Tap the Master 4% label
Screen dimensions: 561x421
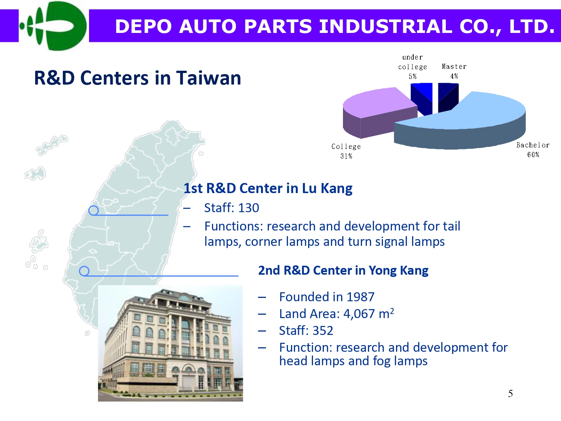click(454, 71)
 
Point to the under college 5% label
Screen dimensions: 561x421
click(413, 67)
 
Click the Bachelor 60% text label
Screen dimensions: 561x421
click(533, 150)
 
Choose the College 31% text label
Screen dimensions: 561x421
click(346, 151)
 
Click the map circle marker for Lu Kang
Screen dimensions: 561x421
click(93, 210)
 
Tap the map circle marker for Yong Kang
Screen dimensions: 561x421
click(84, 271)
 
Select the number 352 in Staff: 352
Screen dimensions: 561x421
click(323, 330)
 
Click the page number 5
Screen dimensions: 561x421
click(511, 394)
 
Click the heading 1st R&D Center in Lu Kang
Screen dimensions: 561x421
click(268, 188)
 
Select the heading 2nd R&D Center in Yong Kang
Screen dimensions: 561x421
click(343, 271)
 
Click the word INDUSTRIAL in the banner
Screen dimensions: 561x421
click(386, 26)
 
